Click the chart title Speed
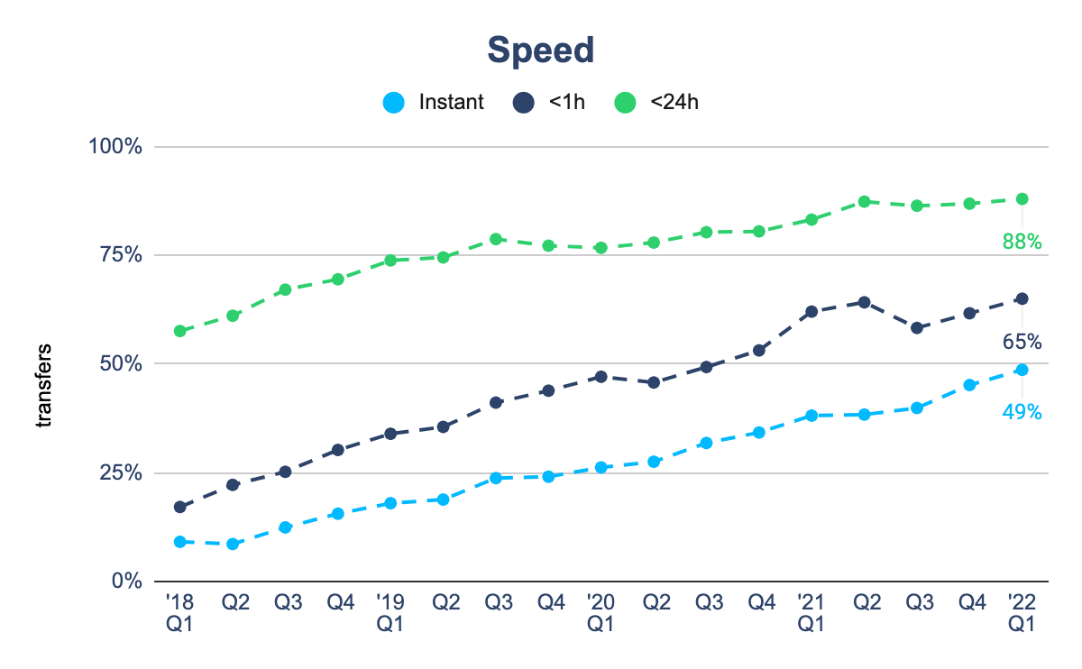540,50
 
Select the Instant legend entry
434,102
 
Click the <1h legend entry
549,102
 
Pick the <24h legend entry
656,102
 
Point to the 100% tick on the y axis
116,146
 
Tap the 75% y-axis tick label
121,255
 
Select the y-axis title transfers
43,385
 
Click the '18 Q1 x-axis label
179,611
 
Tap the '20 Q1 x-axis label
601,611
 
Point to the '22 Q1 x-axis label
1022,611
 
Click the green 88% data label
1022,241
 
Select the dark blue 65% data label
1022,342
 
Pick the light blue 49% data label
1022,412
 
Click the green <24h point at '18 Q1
179,331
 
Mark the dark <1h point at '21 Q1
811,311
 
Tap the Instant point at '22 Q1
1022,370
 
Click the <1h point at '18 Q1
179,507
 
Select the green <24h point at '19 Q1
390,261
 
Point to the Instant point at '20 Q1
601,467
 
